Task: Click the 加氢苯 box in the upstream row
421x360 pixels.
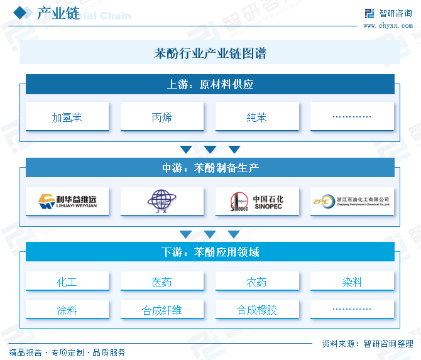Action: click(67, 117)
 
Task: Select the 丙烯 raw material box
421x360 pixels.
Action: click(162, 117)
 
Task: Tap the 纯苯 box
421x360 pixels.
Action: click(257, 117)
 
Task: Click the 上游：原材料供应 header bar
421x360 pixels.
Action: click(210, 84)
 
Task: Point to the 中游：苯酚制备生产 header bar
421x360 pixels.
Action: click(210, 168)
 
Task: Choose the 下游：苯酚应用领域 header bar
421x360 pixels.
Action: click(210, 252)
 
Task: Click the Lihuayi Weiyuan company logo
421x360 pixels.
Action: click(67, 201)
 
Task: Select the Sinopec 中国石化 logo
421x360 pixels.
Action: click(257, 201)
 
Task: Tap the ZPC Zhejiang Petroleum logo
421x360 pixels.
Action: click(352, 201)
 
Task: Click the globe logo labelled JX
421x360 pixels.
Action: click(162, 201)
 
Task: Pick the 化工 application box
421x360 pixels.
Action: click(67, 282)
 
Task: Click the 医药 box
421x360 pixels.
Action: click(162, 282)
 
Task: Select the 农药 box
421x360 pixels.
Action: click(257, 282)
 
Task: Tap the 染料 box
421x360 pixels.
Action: click(352, 282)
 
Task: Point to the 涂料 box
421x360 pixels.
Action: click(67, 310)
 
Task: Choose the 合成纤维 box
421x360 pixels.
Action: click(162, 310)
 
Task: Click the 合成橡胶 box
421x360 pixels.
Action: click(257, 310)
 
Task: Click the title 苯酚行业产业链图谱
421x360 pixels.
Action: click(210, 53)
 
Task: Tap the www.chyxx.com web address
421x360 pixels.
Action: click(388, 25)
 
